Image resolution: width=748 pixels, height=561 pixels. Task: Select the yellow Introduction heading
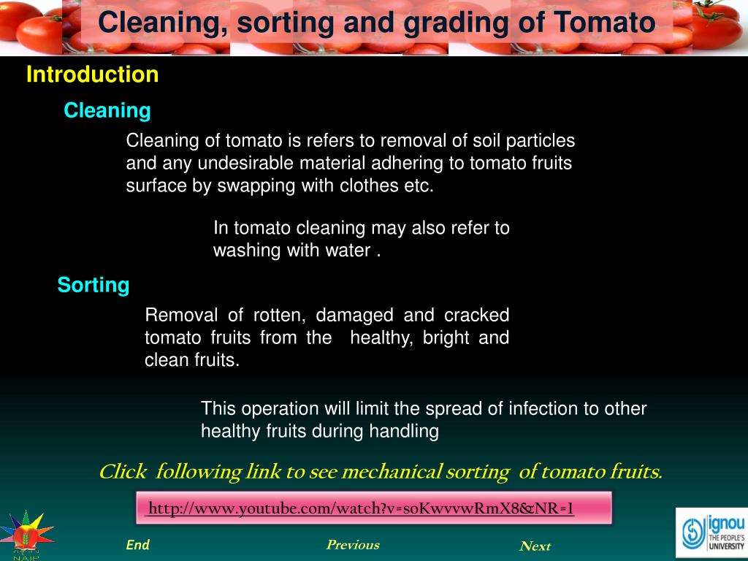92,75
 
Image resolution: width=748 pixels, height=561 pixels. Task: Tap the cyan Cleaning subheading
107,111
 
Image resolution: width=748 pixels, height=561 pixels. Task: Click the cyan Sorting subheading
93,285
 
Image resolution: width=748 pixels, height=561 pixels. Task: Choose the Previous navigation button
353,545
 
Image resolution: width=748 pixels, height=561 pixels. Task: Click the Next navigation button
535,546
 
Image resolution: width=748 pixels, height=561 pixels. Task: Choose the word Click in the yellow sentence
123,473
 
